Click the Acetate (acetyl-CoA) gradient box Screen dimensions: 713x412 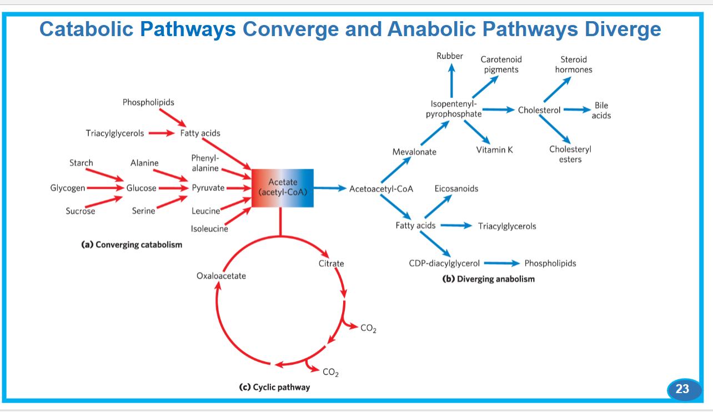[x=282, y=188]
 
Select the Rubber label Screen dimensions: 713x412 [x=449, y=56]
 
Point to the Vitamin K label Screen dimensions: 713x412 [x=494, y=150]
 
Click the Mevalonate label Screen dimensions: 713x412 [x=414, y=152]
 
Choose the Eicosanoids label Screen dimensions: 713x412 [x=456, y=188]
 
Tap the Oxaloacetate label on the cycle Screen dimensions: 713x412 [x=221, y=276]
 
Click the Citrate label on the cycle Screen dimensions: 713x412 [x=331, y=264]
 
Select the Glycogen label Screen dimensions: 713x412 [x=68, y=188]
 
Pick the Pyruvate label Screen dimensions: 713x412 [x=208, y=188]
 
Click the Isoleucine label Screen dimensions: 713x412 [x=209, y=229]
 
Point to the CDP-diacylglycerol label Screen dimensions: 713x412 [x=444, y=263]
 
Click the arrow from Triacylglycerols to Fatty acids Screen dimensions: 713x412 [x=162, y=133]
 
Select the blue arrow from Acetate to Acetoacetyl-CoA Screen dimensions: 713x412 [x=330, y=188]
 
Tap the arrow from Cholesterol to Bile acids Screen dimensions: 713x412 [x=577, y=109]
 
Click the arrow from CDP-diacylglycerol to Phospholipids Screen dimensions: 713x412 [x=502, y=263]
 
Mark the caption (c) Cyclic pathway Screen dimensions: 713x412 [x=274, y=387]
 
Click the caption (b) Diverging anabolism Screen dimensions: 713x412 [x=489, y=279]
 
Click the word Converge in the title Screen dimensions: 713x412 [x=290, y=29]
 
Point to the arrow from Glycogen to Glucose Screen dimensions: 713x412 [x=106, y=188]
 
